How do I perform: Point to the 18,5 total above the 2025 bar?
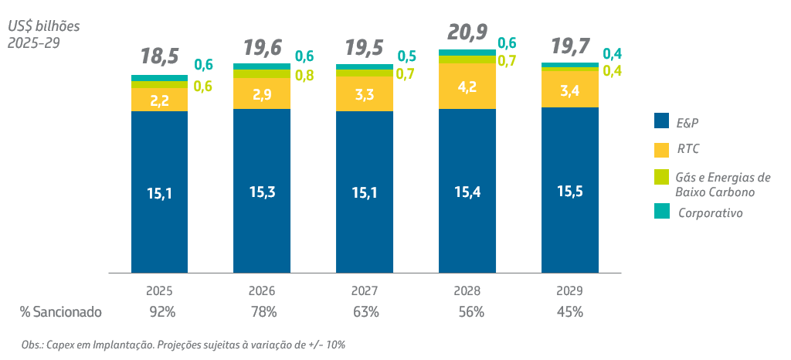click(160, 56)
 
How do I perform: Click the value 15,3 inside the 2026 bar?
click(262, 192)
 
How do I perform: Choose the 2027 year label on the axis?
click(364, 291)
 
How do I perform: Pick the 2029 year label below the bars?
click(569, 291)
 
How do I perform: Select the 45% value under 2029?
click(569, 312)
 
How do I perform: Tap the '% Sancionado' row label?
click(60, 312)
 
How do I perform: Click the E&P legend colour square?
click(661, 121)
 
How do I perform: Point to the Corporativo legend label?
click(711, 212)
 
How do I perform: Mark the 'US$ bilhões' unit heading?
click(44, 26)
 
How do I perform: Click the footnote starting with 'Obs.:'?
click(183, 345)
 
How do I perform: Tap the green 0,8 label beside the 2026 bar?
click(304, 76)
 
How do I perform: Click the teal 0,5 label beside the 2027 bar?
click(406, 56)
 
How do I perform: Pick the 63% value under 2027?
click(365, 312)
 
